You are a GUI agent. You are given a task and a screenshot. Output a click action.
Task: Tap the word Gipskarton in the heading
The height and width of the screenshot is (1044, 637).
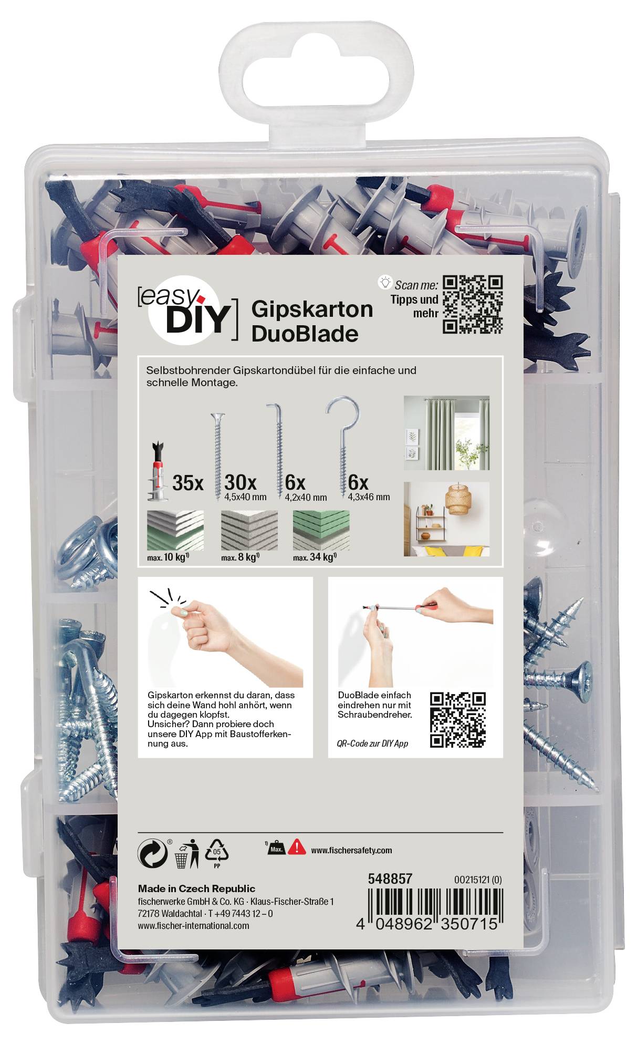click(x=312, y=309)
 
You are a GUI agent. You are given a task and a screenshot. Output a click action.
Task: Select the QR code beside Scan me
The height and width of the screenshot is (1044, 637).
click(x=473, y=305)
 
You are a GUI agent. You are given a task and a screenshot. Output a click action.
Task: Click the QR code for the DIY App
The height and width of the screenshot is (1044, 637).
click(x=457, y=720)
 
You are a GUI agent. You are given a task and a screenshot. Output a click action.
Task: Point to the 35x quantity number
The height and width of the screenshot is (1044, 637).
click(x=187, y=483)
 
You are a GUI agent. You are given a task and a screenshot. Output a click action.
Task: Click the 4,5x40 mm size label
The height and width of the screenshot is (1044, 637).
click(x=245, y=497)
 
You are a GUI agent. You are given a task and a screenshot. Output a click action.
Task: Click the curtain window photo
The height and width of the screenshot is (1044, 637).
click(x=446, y=433)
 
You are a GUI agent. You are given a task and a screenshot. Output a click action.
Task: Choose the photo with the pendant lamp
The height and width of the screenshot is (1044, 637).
click(x=446, y=519)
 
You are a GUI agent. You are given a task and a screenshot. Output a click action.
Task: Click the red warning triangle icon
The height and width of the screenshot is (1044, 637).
click(x=297, y=846)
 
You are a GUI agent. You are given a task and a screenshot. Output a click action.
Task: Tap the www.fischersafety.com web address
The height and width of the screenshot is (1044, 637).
click(x=351, y=850)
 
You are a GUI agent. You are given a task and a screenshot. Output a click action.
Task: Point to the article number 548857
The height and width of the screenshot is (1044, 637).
click(x=390, y=878)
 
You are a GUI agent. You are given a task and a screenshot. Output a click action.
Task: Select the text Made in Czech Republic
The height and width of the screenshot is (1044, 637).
click(x=196, y=888)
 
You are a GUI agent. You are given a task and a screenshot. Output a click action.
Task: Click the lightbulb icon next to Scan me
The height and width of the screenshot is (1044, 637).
click(x=385, y=283)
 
